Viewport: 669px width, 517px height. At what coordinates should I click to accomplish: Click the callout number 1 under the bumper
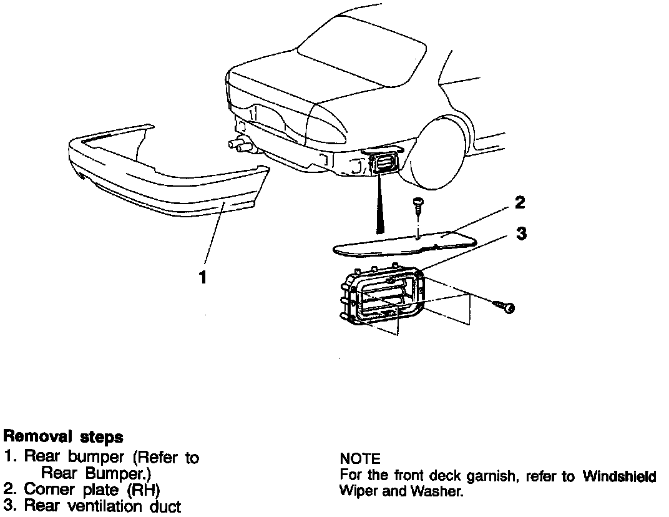(x=202, y=277)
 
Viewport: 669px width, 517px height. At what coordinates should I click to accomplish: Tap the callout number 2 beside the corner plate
(x=519, y=203)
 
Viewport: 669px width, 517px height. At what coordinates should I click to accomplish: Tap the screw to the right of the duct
(x=504, y=307)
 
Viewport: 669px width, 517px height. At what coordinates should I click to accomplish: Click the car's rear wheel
(x=446, y=153)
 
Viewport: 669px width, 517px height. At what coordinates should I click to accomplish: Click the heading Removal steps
(x=63, y=436)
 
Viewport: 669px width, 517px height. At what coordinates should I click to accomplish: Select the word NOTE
(x=360, y=460)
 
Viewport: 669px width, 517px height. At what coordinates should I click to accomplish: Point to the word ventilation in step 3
(x=109, y=505)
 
